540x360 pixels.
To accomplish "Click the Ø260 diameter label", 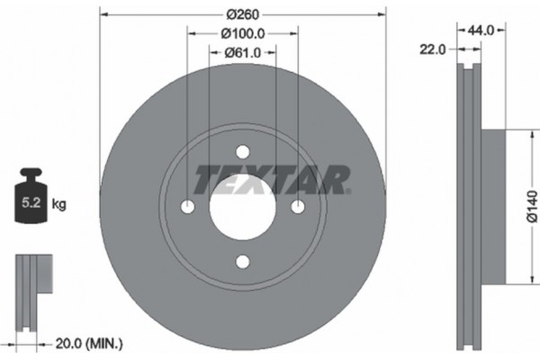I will point(242,14).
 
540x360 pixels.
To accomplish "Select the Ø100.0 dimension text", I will point(242,33).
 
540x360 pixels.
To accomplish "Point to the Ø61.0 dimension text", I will point(242,52).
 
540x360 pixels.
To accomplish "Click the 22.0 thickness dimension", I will point(433,49).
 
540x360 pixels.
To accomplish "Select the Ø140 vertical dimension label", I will point(531,206).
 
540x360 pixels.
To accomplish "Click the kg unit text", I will point(59,204).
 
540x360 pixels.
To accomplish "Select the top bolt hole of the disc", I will point(242,152).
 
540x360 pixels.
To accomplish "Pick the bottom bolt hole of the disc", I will point(242,262).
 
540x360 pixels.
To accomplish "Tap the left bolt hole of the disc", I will point(187,207).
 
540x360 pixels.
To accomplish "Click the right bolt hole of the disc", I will point(297,207).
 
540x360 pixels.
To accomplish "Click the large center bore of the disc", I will point(242,207).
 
